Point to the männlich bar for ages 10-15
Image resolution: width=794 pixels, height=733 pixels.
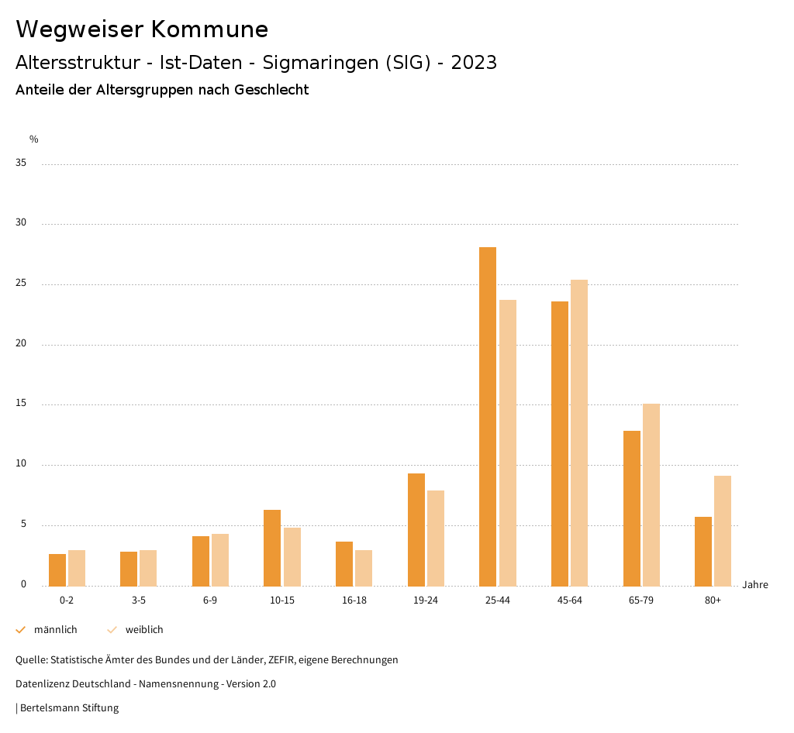pyautogui.click(x=272, y=548)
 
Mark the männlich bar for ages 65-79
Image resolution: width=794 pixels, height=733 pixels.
pyautogui.click(x=632, y=508)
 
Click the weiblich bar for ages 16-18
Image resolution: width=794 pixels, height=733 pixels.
pyautogui.click(x=364, y=568)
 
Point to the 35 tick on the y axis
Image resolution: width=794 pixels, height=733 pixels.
pyautogui.click(x=21, y=163)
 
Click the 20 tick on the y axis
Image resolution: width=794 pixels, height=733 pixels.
pyautogui.click(x=21, y=344)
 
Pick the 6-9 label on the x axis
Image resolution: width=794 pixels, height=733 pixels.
pyautogui.click(x=210, y=601)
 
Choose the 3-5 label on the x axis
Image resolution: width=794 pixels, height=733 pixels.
pyautogui.click(x=138, y=601)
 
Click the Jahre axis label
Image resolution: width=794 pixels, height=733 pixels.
pyautogui.click(x=755, y=585)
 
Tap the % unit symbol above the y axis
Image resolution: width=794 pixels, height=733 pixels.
pyautogui.click(x=34, y=139)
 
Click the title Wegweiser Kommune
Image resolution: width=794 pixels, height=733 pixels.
pyautogui.click(x=142, y=29)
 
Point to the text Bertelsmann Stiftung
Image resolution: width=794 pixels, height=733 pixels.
pyautogui.click(x=69, y=708)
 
